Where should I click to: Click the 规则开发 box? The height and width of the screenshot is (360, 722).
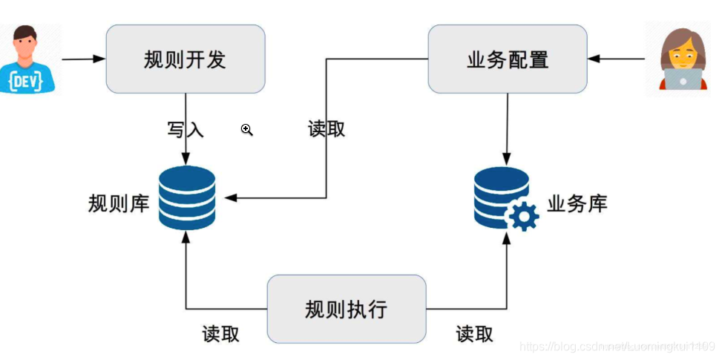click(185, 59)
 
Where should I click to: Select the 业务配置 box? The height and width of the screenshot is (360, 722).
click(508, 59)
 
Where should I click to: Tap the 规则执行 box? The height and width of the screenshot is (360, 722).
click(346, 309)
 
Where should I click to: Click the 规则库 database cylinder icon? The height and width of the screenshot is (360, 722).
click(187, 197)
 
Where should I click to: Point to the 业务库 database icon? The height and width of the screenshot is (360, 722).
click(502, 195)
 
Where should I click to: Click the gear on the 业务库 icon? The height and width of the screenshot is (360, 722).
click(524, 217)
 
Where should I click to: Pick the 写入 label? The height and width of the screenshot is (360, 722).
click(185, 130)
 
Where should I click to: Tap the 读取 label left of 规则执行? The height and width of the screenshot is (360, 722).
click(221, 334)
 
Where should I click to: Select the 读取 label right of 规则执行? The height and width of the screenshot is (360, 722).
click(475, 334)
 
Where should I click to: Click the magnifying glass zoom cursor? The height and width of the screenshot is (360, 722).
click(247, 131)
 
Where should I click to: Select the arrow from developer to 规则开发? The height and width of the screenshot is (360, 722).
click(83, 59)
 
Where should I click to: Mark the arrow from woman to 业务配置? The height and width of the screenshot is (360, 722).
click(617, 59)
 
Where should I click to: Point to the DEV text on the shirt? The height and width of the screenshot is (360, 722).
click(27, 77)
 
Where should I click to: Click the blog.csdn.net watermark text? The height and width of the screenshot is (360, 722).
click(616, 347)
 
